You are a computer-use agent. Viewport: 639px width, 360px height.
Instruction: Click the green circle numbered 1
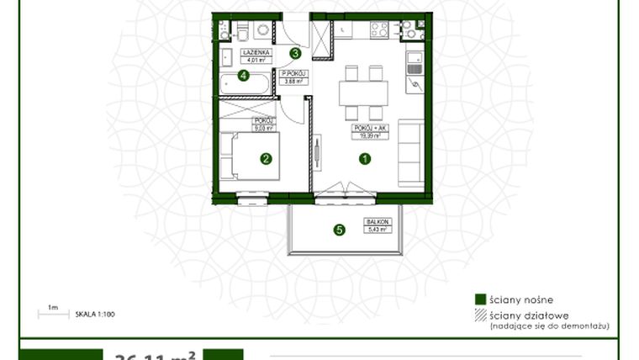click(365, 157)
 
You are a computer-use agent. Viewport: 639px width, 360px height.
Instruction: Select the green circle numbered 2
click(266, 157)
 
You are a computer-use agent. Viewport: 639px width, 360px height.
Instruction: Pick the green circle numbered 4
click(243, 76)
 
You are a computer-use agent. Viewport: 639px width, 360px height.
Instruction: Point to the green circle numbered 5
click(339, 229)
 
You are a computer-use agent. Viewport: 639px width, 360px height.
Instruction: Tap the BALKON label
click(375, 222)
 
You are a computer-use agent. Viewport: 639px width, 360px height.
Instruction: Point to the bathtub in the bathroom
click(246, 85)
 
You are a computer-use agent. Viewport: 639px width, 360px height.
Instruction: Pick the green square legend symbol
click(479, 299)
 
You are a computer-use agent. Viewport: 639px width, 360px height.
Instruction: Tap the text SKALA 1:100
click(95, 314)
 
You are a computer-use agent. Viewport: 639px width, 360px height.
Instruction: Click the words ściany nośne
click(516, 299)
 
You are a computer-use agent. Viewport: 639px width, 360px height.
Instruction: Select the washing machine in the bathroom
click(262, 31)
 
